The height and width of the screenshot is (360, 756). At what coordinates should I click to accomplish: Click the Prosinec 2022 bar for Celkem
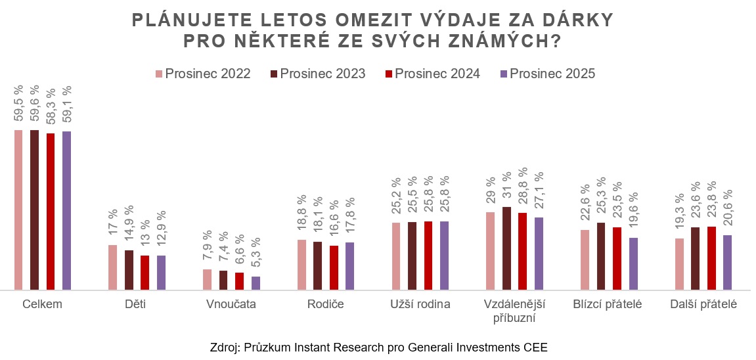click(x=18, y=210)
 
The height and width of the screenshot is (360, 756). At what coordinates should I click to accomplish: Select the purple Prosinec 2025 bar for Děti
click(x=161, y=272)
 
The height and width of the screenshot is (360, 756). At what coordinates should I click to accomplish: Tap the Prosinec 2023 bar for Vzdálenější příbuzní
click(x=506, y=248)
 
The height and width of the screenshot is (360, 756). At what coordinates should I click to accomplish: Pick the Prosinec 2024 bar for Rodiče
click(x=334, y=267)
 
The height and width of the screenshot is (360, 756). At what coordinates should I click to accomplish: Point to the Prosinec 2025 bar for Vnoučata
click(x=256, y=282)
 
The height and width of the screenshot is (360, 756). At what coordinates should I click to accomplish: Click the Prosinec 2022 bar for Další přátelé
click(x=679, y=263)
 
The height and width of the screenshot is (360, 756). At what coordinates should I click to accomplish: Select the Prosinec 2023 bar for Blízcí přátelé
click(x=601, y=256)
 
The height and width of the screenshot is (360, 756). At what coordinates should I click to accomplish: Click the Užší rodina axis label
click(x=420, y=305)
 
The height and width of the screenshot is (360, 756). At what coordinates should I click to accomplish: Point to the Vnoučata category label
click(x=231, y=305)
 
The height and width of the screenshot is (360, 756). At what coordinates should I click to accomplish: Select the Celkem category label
click(x=42, y=305)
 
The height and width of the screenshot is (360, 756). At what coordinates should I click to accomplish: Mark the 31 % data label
click(x=506, y=187)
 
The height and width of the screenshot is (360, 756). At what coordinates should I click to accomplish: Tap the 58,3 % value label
click(x=51, y=108)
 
